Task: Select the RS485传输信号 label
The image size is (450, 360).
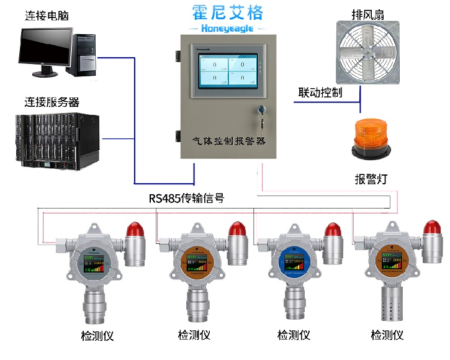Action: (x=186, y=199)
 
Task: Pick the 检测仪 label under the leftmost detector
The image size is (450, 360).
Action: (x=97, y=336)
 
